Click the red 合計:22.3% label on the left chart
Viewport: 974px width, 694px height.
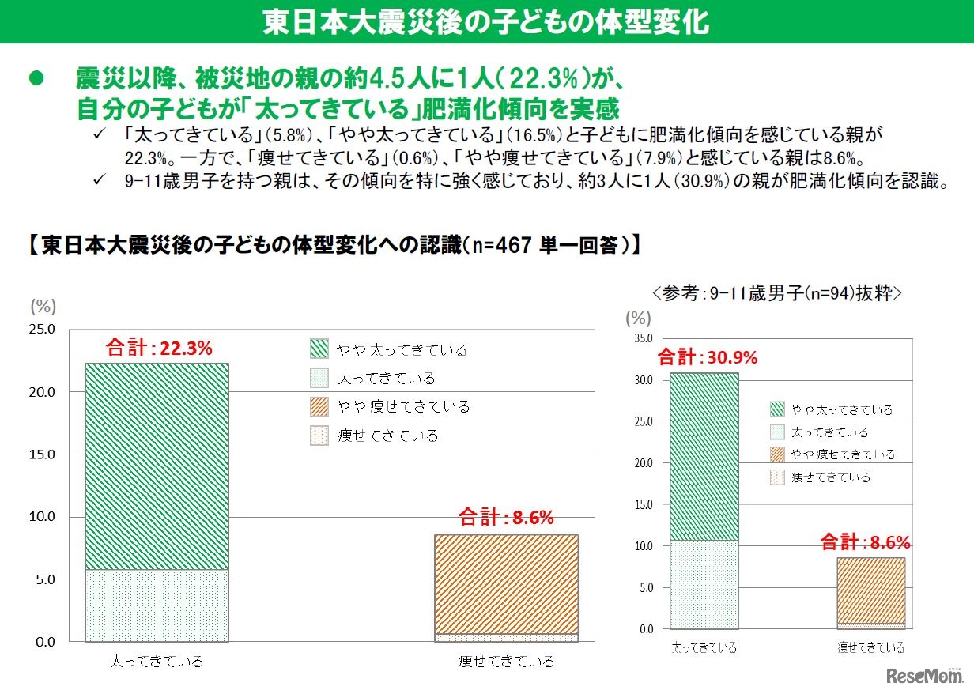(x=158, y=349)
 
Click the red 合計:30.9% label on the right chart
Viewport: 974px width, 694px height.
(x=707, y=357)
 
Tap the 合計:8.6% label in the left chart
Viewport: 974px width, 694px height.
(x=506, y=519)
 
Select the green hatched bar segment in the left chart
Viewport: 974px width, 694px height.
(x=156, y=466)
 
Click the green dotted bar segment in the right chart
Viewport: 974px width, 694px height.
(x=704, y=584)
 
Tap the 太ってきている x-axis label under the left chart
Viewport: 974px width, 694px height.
(x=157, y=661)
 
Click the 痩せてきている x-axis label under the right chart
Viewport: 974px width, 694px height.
(x=870, y=647)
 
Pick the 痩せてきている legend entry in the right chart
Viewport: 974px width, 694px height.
(x=830, y=477)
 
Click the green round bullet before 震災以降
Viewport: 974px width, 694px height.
(x=34, y=78)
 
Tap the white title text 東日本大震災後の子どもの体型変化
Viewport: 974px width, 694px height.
(x=486, y=22)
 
